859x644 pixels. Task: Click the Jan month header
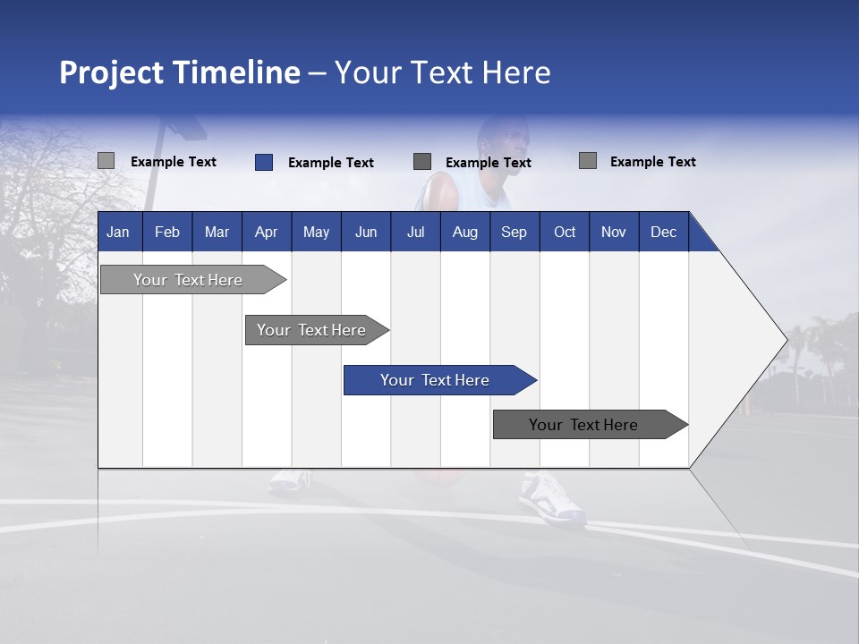click(x=118, y=232)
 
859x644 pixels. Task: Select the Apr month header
click(x=266, y=232)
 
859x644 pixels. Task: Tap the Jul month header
click(x=415, y=232)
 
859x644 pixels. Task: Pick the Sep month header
click(x=514, y=232)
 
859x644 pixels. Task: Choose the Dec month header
click(x=663, y=232)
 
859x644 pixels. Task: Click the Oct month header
click(x=565, y=232)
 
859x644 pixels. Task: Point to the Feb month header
click(x=167, y=232)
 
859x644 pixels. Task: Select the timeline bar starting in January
click(x=188, y=280)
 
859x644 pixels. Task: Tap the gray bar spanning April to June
click(x=311, y=330)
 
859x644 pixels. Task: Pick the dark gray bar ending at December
click(x=583, y=425)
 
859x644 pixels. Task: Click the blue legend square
click(x=263, y=162)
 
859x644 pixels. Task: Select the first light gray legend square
click(x=106, y=161)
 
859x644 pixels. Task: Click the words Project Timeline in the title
click(x=179, y=72)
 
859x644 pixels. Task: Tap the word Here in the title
click(x=516, y=72)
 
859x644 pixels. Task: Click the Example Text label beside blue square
click(x=331, y=163)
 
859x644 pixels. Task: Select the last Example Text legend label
click(x=652, y=162)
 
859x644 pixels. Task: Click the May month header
click(x=316, y=232)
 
